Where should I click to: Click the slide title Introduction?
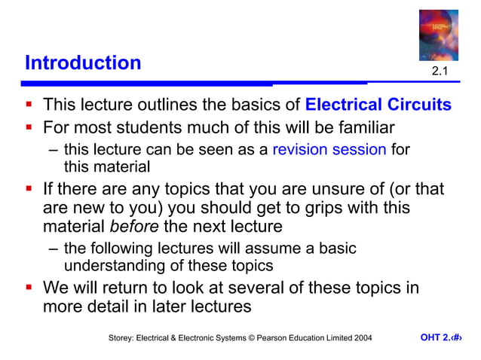pos(83,63)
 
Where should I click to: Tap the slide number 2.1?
pos(440,72)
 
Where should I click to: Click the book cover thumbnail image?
pos(440,34)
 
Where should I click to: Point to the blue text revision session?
pos(329,149)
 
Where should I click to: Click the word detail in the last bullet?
pos(121,307)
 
